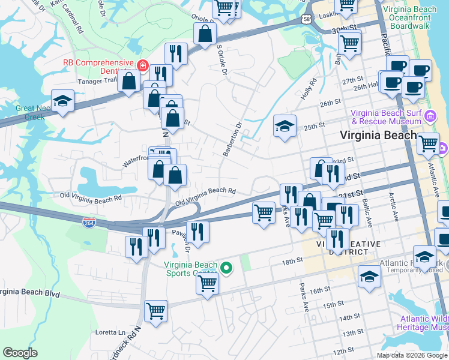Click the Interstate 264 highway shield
coord(89,223)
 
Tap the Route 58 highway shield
coord(307,20)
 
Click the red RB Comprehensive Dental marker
coord(143,65)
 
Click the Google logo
coord(20,352)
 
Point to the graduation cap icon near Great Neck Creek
coord(62,101)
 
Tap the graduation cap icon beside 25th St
coord(285,127)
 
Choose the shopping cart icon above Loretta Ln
coord(155,311)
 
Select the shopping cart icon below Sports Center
coord(207,282)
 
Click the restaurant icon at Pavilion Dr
coord(197,230)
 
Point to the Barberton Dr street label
coord(232,140)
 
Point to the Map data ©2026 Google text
coord(412,355)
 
